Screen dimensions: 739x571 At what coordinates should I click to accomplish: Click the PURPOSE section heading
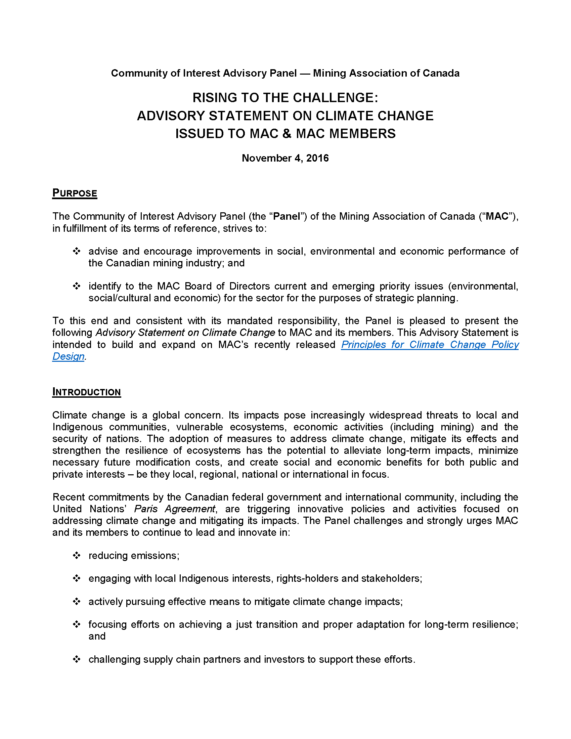pos(75,193)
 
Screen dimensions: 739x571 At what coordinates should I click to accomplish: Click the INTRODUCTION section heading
pos(86,392)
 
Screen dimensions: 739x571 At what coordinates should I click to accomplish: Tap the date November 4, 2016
pos(285,158)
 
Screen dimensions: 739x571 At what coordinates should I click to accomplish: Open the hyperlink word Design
pos(68,356)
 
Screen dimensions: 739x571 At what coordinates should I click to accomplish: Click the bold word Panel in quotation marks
pos(287,216)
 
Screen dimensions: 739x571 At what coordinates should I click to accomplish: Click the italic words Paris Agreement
pos(175,509)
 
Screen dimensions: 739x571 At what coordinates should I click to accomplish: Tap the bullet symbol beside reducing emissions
pos(77,556)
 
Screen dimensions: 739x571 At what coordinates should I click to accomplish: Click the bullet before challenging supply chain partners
pos(77,659)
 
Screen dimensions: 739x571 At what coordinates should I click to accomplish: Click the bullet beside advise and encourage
pos(77,251)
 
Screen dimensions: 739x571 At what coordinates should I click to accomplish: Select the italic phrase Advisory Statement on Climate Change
pos(185,333)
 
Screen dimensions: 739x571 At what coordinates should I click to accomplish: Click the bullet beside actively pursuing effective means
pos(77,602)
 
